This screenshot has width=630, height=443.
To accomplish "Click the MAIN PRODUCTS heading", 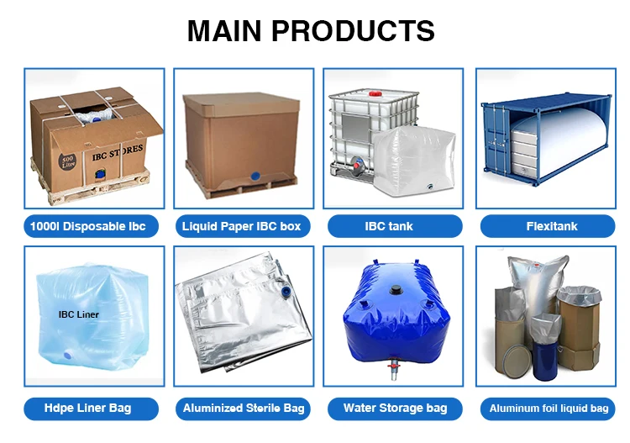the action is pos(311,31).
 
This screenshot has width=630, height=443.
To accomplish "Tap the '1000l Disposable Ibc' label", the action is pos(90,226).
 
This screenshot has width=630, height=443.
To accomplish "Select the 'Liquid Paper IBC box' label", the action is pos(241,226).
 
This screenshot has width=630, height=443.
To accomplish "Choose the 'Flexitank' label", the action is pos(551,226).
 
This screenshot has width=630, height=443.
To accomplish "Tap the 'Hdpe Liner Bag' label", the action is pos(88,409).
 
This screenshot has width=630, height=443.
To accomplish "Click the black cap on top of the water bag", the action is pos(395,289).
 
